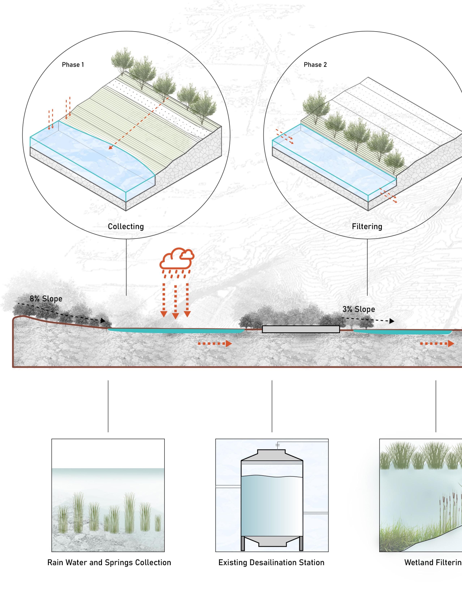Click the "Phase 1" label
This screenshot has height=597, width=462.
tap(73, 65)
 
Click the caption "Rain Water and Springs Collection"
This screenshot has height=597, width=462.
tap(109, 563)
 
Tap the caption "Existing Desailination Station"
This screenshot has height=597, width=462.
tap(271, 563)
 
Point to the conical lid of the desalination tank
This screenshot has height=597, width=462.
tap(272, 455)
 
